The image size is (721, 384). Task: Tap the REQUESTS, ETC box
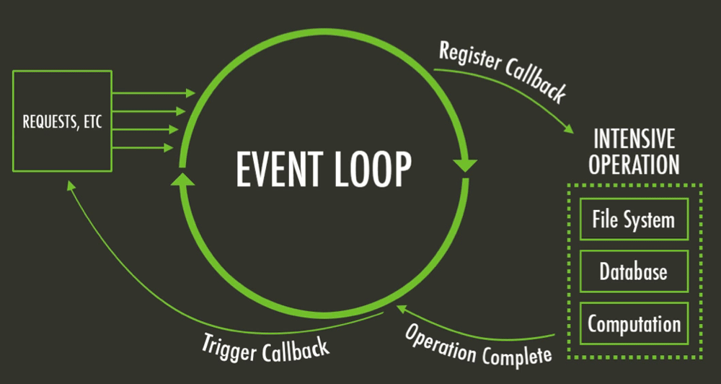pos(62,121)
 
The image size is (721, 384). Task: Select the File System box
pos(634,219)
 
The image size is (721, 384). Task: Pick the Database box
pos(634,271)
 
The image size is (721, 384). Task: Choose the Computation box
pos(634,323)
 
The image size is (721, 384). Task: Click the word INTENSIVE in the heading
pos(634,138)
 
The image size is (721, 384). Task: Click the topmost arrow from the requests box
pos(154,93)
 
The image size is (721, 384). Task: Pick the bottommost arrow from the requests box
pos(143,148)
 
